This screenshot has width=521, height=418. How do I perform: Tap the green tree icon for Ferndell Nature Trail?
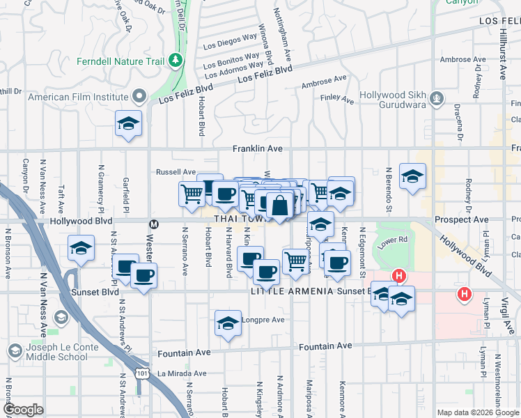[x=175, y=61]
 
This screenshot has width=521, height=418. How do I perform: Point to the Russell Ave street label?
[x=176, y=171]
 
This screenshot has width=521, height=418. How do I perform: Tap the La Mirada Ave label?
[x=182, y=373]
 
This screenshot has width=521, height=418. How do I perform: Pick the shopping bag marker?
[x=279, y=206]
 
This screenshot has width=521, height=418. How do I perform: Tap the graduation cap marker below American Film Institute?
[x=129, y=124]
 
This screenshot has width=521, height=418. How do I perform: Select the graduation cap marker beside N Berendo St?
[x=412, y=177]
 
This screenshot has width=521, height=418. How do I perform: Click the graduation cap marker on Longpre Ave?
[x=228, y=323]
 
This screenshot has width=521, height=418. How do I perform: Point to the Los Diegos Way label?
[x=231, y=42]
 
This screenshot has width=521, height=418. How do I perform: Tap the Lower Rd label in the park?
[x=392, y=240]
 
